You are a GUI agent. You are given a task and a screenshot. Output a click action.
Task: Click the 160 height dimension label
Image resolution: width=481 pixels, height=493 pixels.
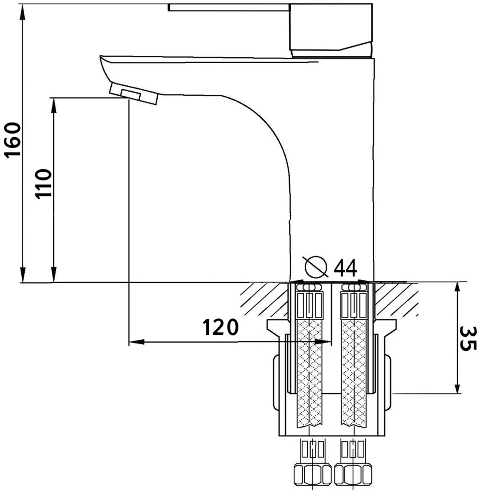[x=13, y=140]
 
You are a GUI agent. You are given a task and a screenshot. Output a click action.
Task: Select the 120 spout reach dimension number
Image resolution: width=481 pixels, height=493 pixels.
[x=220, y=327]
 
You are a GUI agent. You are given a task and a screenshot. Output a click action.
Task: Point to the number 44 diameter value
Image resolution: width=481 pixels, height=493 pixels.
[x=345, y=268]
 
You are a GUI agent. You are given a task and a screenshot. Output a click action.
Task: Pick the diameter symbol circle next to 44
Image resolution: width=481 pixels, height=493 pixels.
[x=316, y=267]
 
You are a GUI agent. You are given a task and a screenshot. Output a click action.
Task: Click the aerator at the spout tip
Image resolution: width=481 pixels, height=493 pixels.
[x=133, y=94]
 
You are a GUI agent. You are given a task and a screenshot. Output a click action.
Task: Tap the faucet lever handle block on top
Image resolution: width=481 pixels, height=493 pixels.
[x=331, y=30]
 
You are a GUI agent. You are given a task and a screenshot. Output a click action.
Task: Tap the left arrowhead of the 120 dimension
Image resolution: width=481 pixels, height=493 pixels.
[x=136, y=342]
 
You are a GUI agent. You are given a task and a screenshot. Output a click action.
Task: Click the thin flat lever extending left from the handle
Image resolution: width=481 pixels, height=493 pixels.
[x=229, y=7]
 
